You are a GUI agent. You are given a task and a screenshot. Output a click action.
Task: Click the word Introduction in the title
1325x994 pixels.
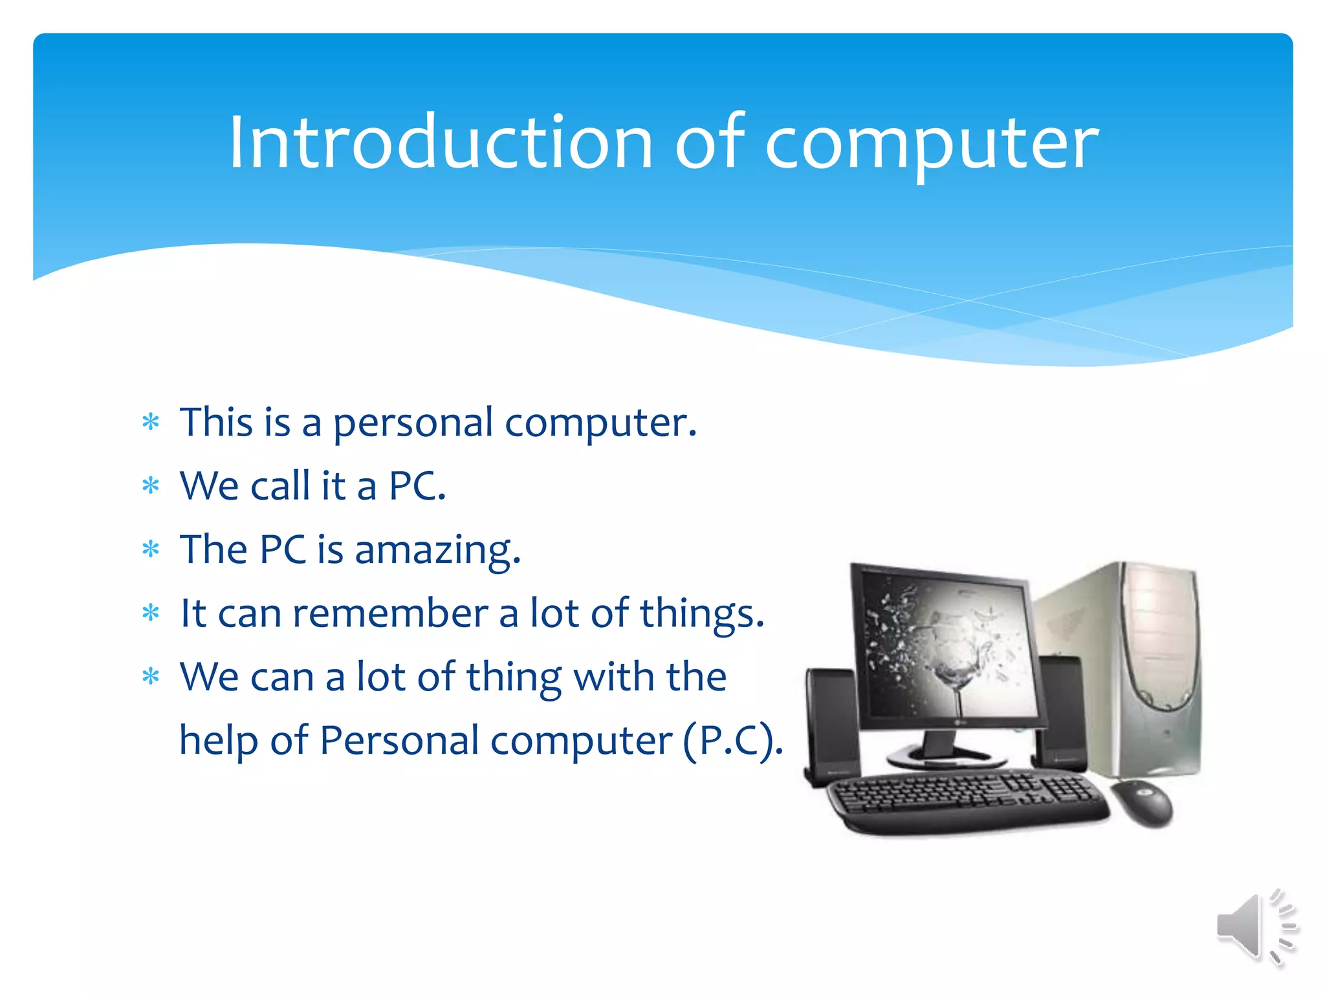click(440, 142)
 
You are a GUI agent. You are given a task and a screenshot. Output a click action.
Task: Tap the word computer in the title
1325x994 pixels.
click(932, 146)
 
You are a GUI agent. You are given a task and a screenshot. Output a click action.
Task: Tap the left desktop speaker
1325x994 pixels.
click(831, 725)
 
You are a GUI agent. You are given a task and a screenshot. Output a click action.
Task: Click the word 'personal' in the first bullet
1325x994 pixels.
click(413, 424)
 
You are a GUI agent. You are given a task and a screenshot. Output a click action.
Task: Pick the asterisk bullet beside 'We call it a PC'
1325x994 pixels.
click(151, 486)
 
